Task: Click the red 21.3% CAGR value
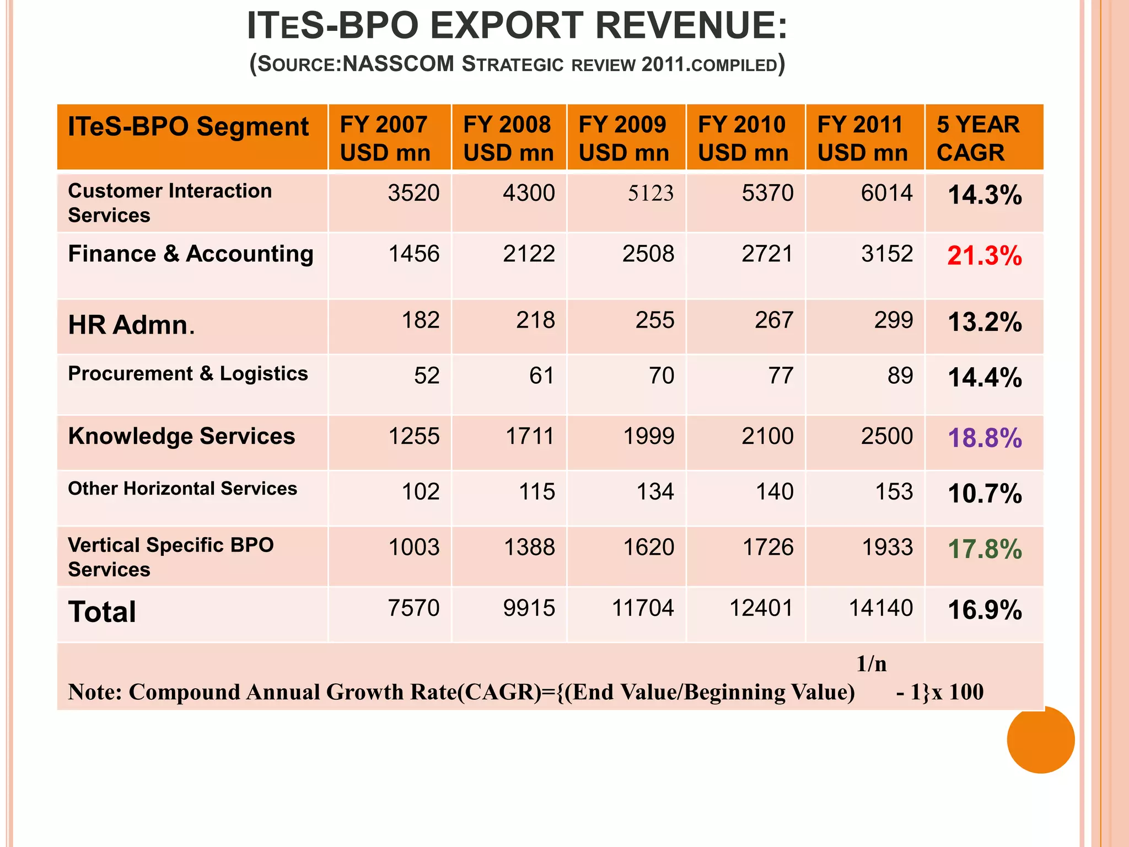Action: [984, 256]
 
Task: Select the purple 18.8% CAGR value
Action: [984, 438]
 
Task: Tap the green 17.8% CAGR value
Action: [984, 549]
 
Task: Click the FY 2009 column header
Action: [623, 138]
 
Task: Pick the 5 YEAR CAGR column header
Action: [978, 138]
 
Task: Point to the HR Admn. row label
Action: [131, 325]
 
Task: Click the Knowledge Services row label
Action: [181, 436]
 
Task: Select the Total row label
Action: [102, 612]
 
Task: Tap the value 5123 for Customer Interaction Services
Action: [650, 194]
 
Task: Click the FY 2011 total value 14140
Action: [880, 608]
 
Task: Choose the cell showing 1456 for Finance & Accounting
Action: [413, 254]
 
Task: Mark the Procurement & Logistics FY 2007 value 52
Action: [427, 376]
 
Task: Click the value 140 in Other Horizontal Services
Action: [774, 492]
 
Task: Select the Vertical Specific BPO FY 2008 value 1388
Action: [529, 548]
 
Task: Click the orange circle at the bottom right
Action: [1040, 739]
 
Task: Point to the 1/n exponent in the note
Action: [871, 664]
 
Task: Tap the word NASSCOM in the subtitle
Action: [398, 64]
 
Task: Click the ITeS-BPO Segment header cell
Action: [188, 127]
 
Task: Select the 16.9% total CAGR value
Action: [984, 610]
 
